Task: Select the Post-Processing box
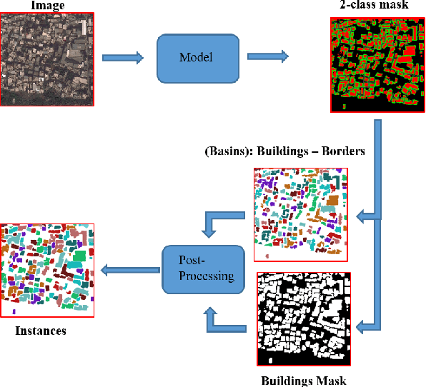tap(199, 270)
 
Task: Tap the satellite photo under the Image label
tap(47, 61)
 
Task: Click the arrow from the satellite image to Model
tap(123, 59)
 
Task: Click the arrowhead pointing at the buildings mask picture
tap(363, 327)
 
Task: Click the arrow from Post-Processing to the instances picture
tap(129, 270)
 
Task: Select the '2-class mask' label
tap(374, 6)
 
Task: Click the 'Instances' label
tap(41, 331)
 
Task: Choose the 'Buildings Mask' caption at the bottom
tap(304, 381)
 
